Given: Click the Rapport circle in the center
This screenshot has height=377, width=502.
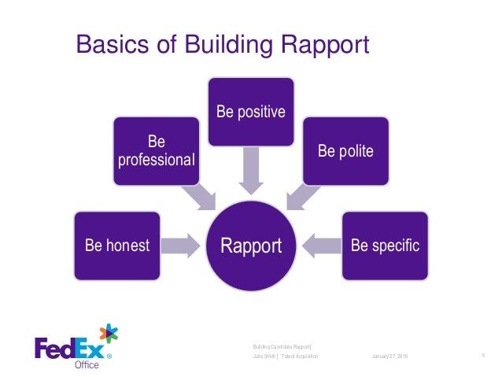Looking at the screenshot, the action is coord(251,246).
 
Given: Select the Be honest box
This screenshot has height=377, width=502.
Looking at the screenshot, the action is coord(116,246).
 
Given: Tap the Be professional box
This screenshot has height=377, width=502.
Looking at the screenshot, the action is coord(156,151).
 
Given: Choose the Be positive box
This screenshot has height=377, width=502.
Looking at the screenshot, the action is coord(251,111).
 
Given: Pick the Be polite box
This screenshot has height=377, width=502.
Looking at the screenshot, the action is coord(345,150).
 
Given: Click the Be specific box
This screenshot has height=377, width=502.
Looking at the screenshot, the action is coord(385,246).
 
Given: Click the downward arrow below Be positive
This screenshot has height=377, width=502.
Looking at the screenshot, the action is coord(251,172).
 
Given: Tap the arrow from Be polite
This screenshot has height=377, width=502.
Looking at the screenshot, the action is coord(301,195).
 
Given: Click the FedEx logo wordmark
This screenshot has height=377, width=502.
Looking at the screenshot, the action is coord(68,347).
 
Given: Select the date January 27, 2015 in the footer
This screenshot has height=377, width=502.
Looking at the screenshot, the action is coord(384,357).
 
